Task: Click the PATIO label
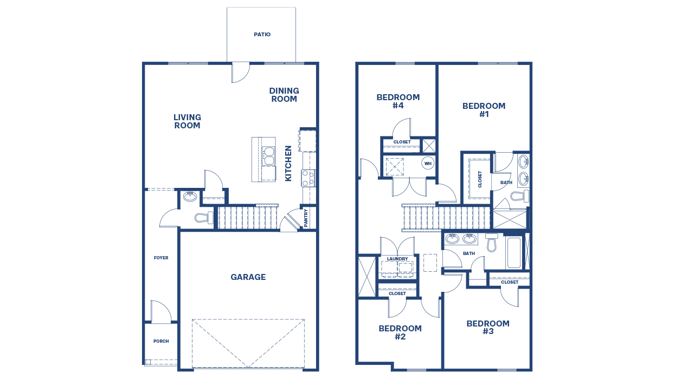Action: pos(262,35)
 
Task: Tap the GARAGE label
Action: pos(248,277)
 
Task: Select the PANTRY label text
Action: pos(306,218)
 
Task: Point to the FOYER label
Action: pos(161,258)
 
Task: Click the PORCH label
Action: pos(161,342)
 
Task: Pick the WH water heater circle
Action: pos(428,163)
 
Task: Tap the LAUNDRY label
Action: pos(397,259)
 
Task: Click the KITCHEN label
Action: pos(289,163)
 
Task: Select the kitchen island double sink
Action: pos(268,156)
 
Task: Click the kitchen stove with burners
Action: pos(308,178)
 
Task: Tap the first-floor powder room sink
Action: pos(190,197)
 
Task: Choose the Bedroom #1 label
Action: pos(484,110)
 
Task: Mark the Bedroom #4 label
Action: pos(398,101)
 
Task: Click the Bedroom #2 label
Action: pos(400,332)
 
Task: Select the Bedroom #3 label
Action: pos(488,328)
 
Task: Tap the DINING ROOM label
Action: pos(284,95)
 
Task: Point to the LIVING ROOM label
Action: pos(187,121)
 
